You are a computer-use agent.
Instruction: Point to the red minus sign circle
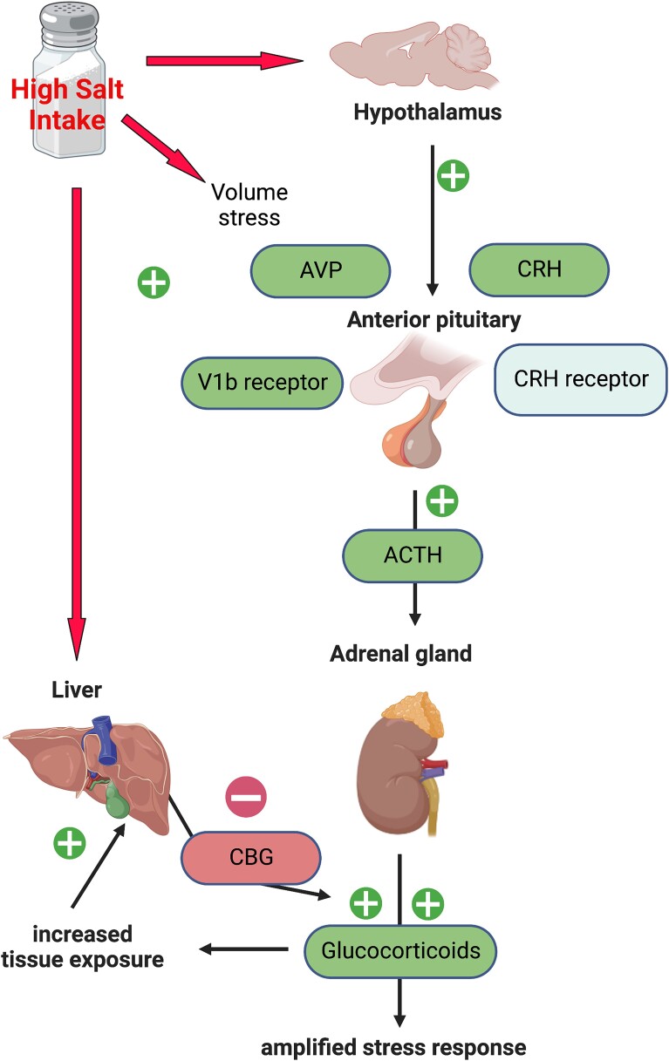(x=246, y=797)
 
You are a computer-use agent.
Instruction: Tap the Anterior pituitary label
(x=433, y=320)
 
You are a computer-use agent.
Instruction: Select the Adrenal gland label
(x=400, y=653)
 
